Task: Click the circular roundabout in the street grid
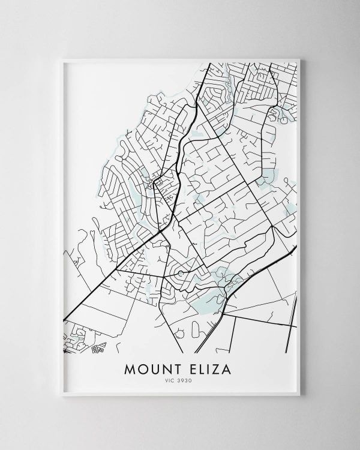point(179,274)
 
